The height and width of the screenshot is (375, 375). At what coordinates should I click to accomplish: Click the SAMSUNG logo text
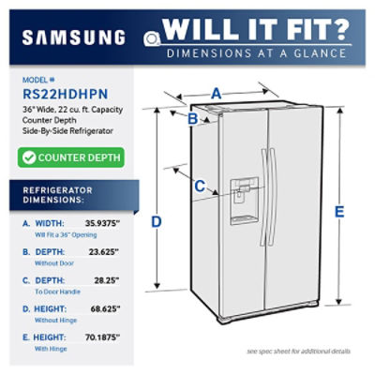tap(73, 37)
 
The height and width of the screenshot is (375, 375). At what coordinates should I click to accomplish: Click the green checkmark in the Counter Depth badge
tap(30, 158)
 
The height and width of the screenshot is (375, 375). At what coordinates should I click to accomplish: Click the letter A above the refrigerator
tap(217, 93)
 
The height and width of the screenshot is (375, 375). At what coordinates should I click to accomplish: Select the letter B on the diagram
tap(191, 119)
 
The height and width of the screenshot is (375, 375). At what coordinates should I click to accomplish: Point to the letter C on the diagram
tap(200, 186)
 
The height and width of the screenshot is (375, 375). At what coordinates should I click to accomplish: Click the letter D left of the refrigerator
tap(157, 221)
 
